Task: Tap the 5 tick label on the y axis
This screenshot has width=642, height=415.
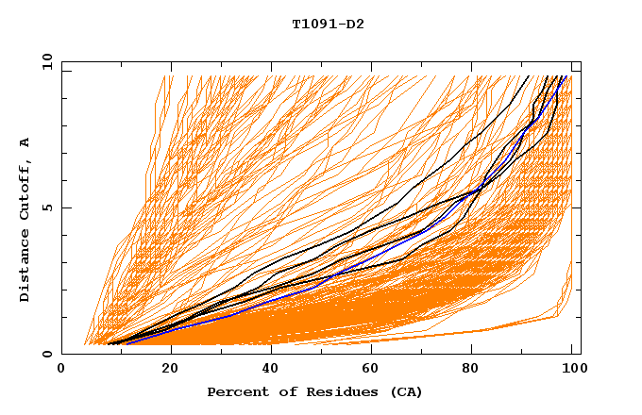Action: click(48, 207)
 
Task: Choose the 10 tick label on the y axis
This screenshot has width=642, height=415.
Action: click(45, 61)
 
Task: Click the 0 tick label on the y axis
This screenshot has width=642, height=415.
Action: click(48, 354)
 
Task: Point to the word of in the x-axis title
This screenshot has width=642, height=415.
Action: click(278, 391)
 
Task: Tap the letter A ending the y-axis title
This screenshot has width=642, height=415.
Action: click(25, 141)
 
